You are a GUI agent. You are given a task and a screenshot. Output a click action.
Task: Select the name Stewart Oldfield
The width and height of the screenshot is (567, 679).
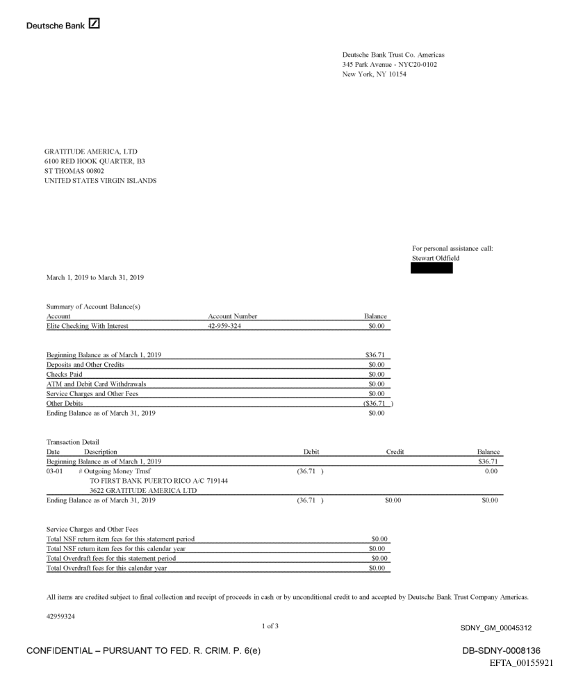[435, 259]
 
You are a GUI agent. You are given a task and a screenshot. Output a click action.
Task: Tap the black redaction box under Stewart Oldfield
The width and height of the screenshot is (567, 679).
[432, 268]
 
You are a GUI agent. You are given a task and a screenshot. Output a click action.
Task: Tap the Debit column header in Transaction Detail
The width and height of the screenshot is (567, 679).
[311, 452]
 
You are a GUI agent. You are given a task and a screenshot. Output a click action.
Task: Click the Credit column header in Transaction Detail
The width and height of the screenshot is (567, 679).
[395, 452]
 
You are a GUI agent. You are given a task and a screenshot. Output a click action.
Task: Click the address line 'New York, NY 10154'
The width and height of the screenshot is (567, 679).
[375, 74]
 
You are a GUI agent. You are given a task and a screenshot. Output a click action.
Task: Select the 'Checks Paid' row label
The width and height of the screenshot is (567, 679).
[65, 374]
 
